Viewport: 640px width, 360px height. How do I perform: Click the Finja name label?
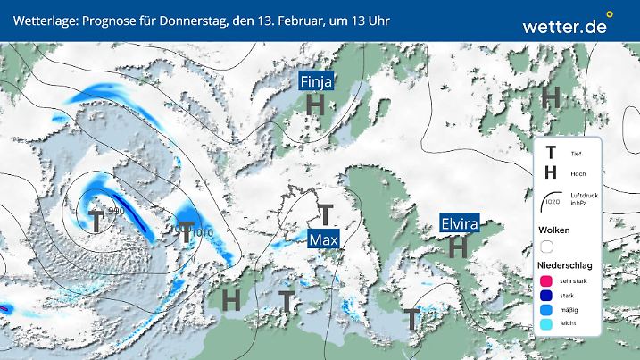pos(316,82)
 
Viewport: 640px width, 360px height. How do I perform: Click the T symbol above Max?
pos(326,215)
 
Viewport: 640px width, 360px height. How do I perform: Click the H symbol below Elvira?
pos(459,247)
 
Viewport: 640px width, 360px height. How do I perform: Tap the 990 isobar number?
pos(116,211)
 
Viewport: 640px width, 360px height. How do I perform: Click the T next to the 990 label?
pos(96,222)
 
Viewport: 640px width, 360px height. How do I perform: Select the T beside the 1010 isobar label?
pos(187,230)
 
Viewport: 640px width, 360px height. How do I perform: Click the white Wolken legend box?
pos(546,247)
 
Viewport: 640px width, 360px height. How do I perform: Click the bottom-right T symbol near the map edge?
pos(411,318)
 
